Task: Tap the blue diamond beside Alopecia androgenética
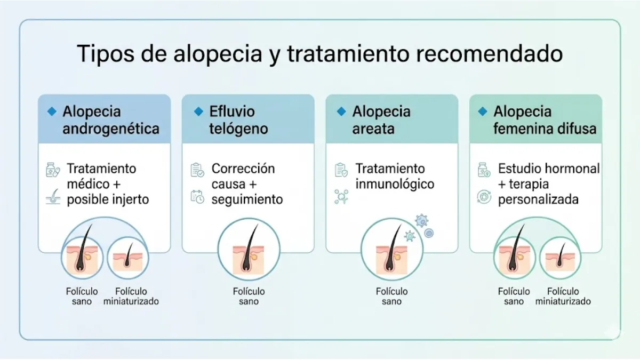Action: click(x=52, y=111)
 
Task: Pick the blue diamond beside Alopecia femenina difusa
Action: click(x=483, y=111)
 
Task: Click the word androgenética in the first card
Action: click(x=111, y=129)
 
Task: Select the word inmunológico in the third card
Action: click(x=395, y=185)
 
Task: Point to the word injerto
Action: click(x=130, y=199)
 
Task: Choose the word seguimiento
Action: click(x=247, y=199)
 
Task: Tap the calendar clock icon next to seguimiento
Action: click(x=197, y=197)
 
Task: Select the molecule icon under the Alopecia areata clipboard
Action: click(x=340, y=197)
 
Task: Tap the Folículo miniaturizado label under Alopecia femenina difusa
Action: click(x=563, y=297)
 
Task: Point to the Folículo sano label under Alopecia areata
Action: click(x=392, y=297)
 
